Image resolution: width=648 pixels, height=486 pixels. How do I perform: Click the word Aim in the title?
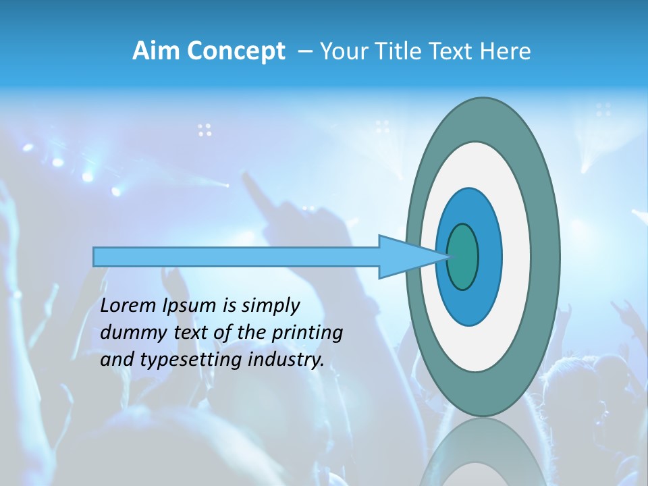[x=157, y=51]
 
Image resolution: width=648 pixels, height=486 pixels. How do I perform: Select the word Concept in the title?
[x=236, y=52]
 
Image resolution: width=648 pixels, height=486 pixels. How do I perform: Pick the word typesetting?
[x=184, y=360]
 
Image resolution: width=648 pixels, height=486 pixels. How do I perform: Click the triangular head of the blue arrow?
[x=405, y=256]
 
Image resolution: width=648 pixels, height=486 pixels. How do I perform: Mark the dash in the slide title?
[x=304, y=51]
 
